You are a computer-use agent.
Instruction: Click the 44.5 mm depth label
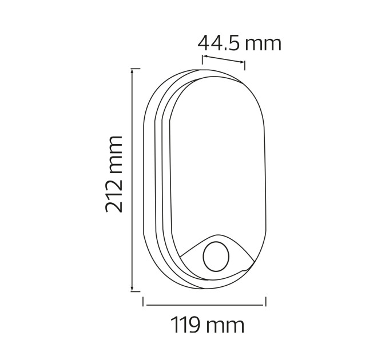pyautogui.click(x=240, y=43)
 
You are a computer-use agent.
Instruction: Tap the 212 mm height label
pyautogui.click(x=114, y=174)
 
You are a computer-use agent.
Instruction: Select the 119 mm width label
pyautogui.click(x=208, y=325)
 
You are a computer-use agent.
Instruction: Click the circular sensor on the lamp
pyautogui.click(x=216, y=257)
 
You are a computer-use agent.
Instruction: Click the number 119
pyautogui.click(x=185, y=325)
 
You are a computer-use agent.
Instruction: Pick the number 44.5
pyautogui.click(x=219, y=43)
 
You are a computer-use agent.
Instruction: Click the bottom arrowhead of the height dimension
pyautogui.click(x=132, y=289)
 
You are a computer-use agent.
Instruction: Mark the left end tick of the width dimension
pyautogui.click(x=143, y=302)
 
